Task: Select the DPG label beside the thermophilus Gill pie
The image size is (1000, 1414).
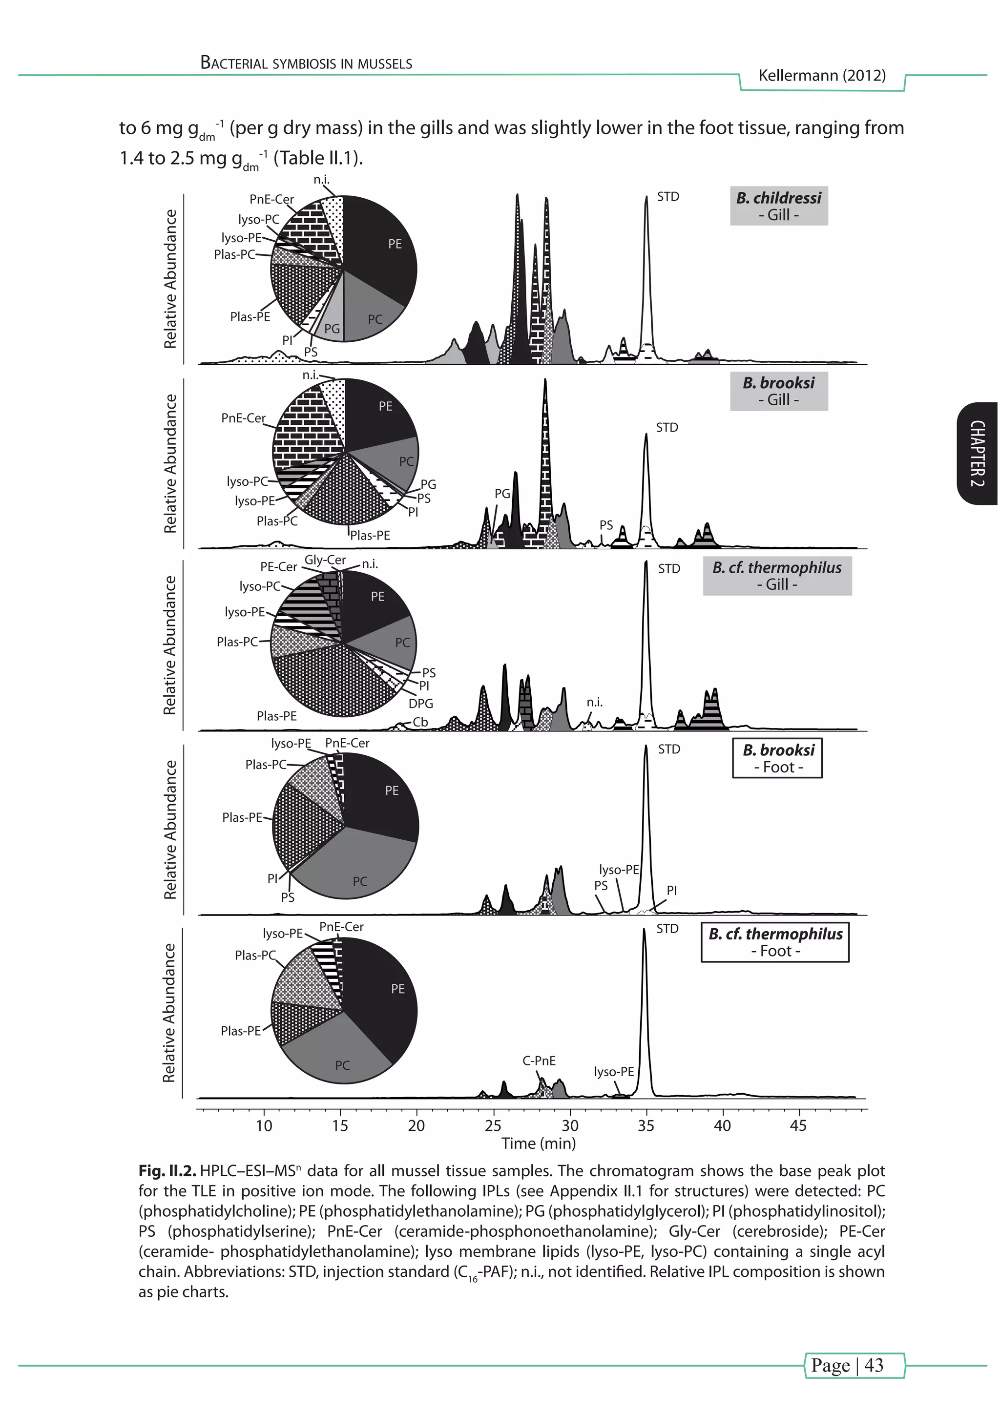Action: [x=421, y=703]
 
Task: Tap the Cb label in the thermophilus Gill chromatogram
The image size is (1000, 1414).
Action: [x=420, y=722]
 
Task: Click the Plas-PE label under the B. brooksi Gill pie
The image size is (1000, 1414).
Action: [x=370, y=535]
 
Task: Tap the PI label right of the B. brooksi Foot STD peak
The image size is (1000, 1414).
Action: [x=671, y=890]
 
